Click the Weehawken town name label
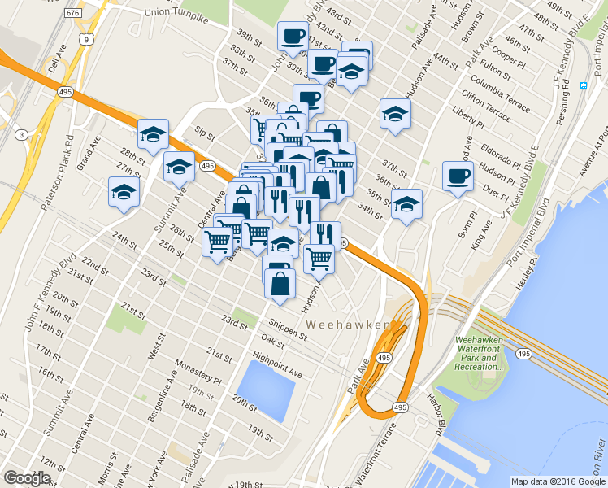click(x=348, y=325)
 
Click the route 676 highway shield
click(x=73, y=13)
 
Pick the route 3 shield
click(x=21, y=134)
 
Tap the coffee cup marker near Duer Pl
click(x=457, y=176)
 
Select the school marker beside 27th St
click(x=178, y=166)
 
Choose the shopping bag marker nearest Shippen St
click(x=280, y=284)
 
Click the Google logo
click(x=27, y=478)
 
